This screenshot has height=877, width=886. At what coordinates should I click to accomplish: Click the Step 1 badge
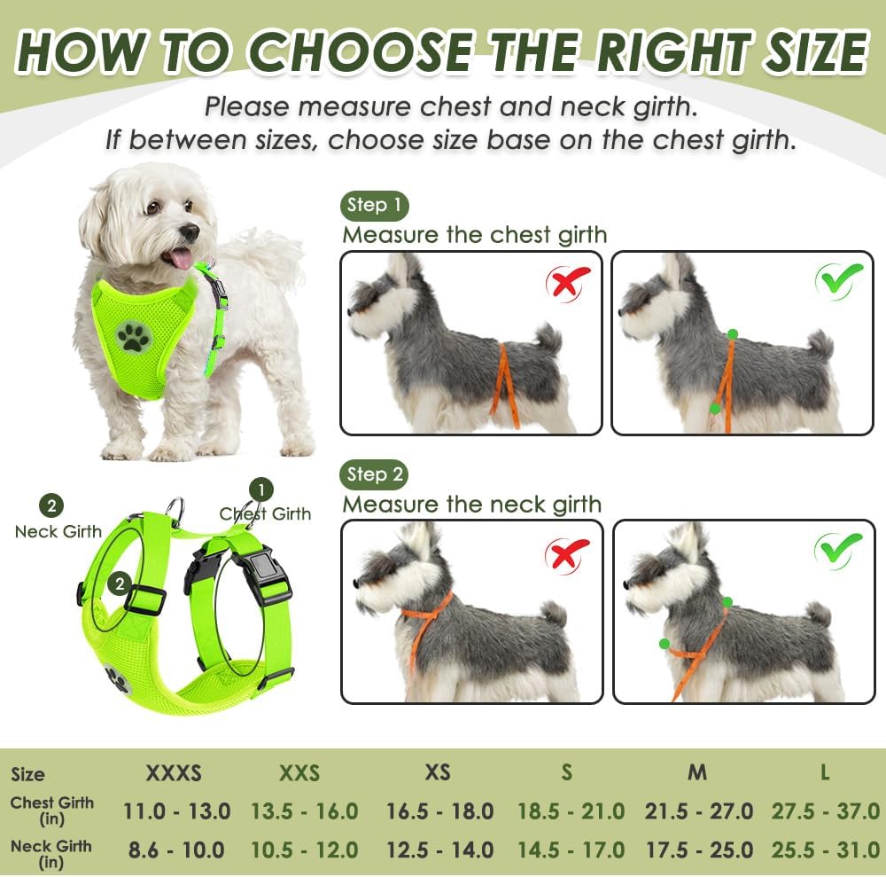tap(374, 206)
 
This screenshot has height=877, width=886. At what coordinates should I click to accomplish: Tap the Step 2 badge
tap(374, 474)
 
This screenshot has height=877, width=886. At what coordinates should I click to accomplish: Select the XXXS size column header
tap(174, 772)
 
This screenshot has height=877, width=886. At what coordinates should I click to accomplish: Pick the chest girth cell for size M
tap(698, 810)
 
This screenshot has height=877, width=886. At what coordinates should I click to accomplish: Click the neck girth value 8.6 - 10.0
tap(176, 850)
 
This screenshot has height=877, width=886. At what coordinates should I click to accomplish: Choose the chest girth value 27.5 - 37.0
tap(825, 810)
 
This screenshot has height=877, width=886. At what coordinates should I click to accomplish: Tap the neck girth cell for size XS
tap(439, 850)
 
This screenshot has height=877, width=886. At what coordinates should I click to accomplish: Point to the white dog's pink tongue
tap(180, 258)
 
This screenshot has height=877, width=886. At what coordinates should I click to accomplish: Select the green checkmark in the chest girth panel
tap(838, 280)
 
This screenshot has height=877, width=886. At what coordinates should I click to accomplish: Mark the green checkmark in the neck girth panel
tap(838, 550)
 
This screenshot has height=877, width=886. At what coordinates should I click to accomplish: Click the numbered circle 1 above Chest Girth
tap(260, 489)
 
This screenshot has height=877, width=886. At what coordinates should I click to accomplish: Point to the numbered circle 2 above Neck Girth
tap(51, 506)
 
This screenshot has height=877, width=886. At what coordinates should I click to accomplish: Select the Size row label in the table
tap(27, 774)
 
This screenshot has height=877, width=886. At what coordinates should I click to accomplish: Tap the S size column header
tap(567, 772)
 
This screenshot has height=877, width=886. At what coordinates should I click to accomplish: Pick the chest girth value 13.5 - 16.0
tap(305, 810)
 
